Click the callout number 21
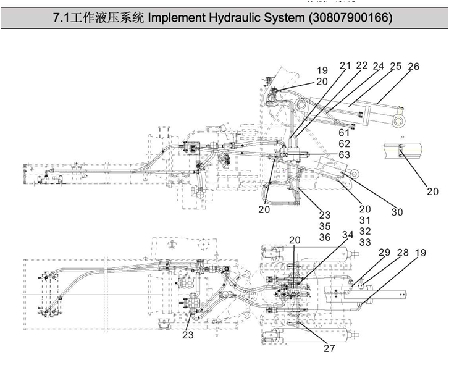[x=345, y=65]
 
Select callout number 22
[x=362, y=65]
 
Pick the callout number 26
[x=413, y=65]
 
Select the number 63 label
[x=345, y=154]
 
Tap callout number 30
[x=397, y=212]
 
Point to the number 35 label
[x=325, y=226]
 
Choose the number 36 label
[x=325, y=237]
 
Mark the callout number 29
[x=385, y=252]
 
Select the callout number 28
[x=403, y=252]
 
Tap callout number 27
[x=329, y=348]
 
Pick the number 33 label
[x=365, y=242]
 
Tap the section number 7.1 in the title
[x=63, y=18]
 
